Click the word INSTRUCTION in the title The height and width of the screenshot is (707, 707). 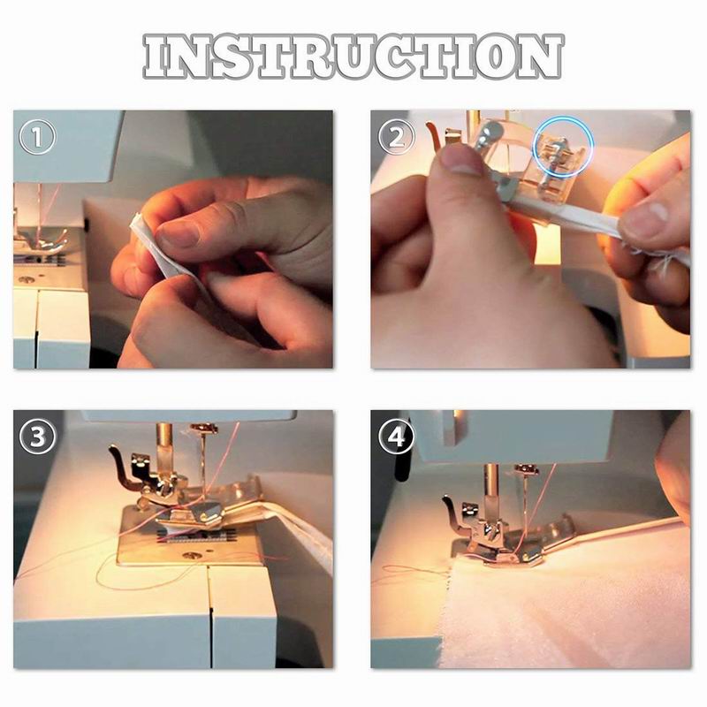click(353, 57)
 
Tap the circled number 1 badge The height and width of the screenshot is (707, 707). click(37, 136)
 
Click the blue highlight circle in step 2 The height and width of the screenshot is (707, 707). click(564, 147)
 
